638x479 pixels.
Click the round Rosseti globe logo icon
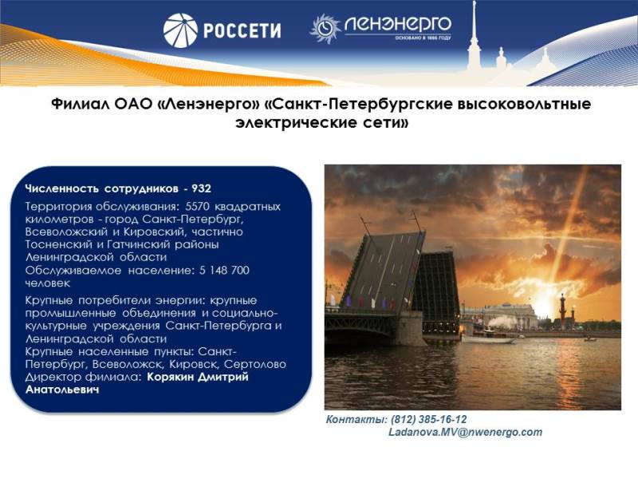tap(180, 30)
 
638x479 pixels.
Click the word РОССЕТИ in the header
tap(242, 31)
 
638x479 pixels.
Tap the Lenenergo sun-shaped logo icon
tap(325, 28)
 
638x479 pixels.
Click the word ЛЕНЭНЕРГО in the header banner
tap(397, 25)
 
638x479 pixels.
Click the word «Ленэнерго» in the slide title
tap(207, 105)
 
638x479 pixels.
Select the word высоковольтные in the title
tap(524, 105)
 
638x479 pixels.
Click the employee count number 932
tap(201, 188)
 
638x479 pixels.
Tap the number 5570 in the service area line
tap(197, 206)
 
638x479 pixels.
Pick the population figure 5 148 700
tap(224, 271)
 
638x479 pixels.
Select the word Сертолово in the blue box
tap(255, 364)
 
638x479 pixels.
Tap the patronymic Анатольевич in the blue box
tap(62, 390)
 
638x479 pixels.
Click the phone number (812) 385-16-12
tap(428, 420)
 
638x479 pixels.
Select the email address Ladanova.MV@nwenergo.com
tap(466, 432)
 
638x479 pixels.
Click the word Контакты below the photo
tap(356, 420)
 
